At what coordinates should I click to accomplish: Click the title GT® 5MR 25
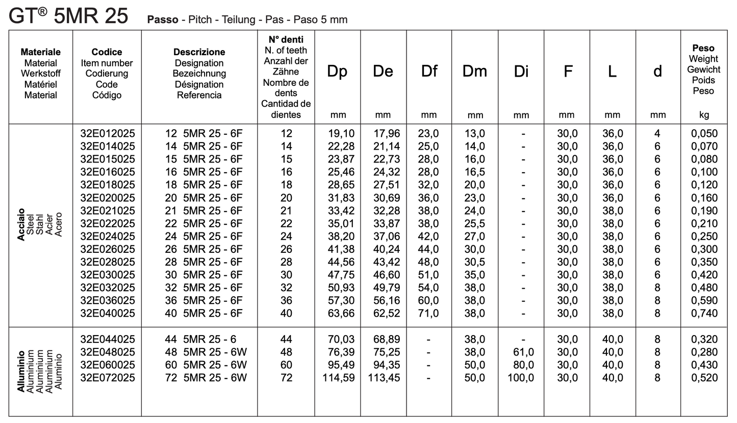[x=68, y=16]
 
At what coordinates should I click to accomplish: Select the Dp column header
[x=337, y=72]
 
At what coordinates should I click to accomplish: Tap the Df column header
[x=429, y=72]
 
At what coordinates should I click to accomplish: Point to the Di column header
[x=521, y=72]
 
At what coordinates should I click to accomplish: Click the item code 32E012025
[x=108, y=134]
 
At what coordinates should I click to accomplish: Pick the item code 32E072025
[x=108, y=378]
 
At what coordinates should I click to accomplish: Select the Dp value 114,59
[x=338, y=378]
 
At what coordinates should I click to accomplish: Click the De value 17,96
[x=386, y=134]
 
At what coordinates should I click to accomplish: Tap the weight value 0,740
[x=704, y=313]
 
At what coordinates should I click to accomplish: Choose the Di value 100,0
[x=521, y=378]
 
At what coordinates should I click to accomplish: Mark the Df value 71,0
[x=428, y=313]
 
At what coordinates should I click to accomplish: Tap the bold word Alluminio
[x=21, y=371]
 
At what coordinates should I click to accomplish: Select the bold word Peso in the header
[x=703, y=48]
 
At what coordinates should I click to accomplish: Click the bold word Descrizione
[x=199, y=52]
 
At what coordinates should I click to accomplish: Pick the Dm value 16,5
[x=474, y=172]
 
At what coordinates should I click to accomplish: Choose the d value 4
[x=657, y=134]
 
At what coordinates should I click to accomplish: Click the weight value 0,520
[x=704, y=378]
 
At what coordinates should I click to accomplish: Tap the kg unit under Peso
[x=703, y=115]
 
